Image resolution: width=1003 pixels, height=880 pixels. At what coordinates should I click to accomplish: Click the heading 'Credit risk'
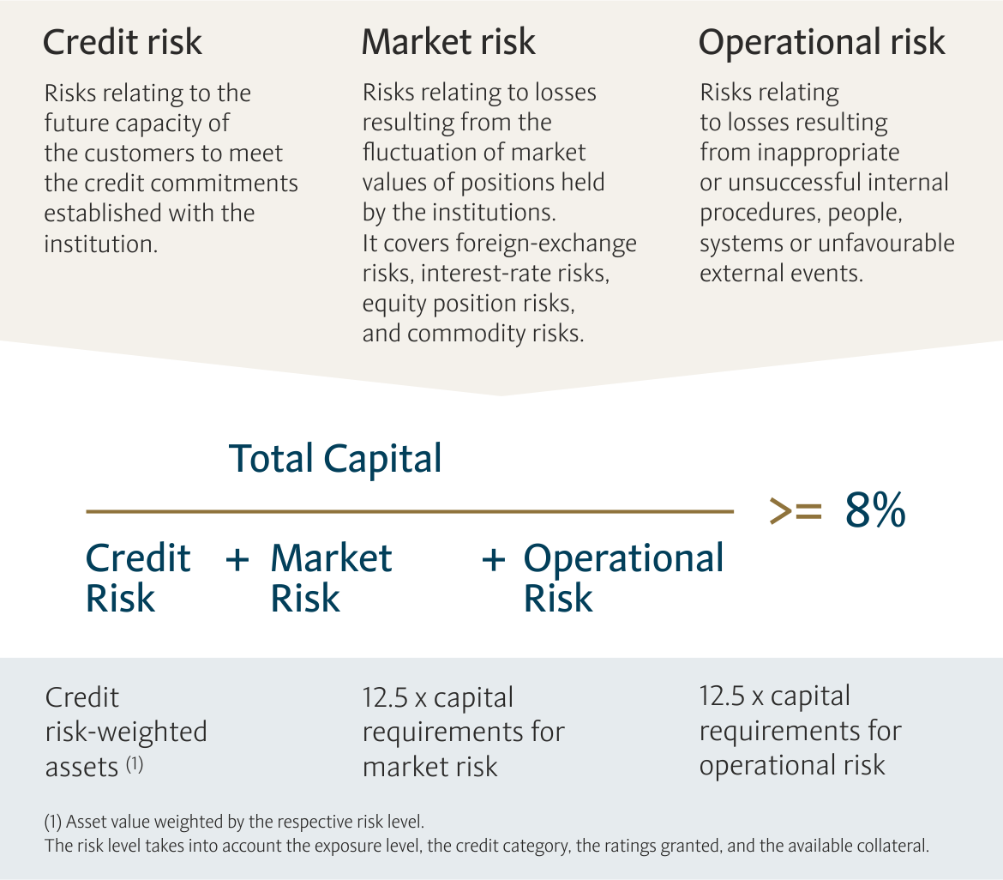pyautogui.click(x=123, y=42)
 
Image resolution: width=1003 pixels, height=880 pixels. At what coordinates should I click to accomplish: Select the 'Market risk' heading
pyautogui.click(x=448, y=42)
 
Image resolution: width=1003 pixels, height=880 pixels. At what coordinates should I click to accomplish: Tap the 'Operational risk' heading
pyautogui.click(x=821, y=44)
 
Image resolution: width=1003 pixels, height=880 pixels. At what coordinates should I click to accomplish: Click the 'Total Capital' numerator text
pyautogui.click(x=335, y=459)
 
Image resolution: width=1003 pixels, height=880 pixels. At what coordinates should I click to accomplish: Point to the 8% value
pyautogui.click(x=875, y=510)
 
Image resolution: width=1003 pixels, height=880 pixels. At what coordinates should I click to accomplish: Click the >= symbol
pyautogui.click(x=795, y=510)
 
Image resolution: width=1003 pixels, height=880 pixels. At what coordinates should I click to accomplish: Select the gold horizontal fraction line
pyautogui.click(x=410, y=511)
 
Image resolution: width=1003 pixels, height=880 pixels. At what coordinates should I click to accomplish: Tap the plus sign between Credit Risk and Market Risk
pyautogui.click(x=237, y=559)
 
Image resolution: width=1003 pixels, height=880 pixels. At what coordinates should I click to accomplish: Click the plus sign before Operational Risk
pyautogui.click(x=493, y=559)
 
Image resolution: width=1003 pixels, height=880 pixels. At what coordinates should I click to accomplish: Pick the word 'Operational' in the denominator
pyautogui.click(x=624, y=559)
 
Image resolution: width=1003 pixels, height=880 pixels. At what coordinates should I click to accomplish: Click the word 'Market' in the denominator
pyautogui.click(x=332, y=558)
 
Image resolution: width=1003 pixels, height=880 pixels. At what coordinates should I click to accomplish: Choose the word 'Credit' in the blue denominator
pyautogui.click(x=138, y=558)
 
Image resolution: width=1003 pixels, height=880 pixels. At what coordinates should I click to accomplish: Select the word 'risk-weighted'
pyautogui.click(x=126, y=732)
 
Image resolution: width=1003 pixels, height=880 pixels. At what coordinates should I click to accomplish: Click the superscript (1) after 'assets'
pyautogui.click(x=135, y=763)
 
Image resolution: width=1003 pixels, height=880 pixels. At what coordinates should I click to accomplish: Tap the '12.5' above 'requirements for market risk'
pyautogui.click(x=385, y=697)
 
